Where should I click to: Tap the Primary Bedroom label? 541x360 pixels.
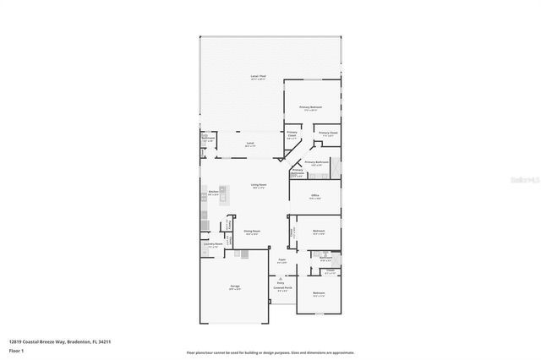310,108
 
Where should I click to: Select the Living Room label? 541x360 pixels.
258,185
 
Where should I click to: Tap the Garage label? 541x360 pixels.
234,286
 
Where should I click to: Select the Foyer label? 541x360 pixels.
281,261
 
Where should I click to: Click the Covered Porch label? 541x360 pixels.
281,287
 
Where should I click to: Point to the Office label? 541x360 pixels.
314,195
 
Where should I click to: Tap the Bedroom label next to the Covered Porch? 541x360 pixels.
319,294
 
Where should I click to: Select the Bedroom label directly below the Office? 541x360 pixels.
319,231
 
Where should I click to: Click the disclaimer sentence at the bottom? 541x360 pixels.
270,351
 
